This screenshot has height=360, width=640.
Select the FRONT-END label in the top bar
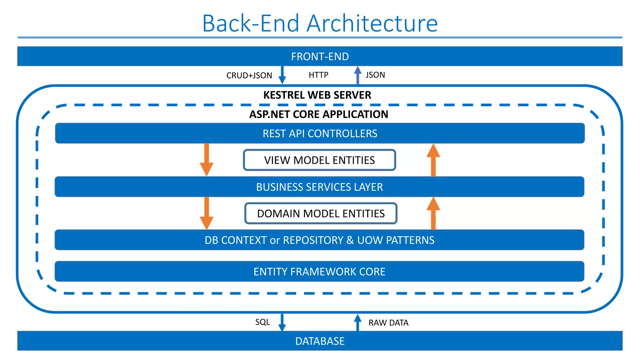[x=320, y=57]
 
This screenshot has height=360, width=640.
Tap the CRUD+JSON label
[x=249, y=75]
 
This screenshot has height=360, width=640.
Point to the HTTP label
[x=318, y=75]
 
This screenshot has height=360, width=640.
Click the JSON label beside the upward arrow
[x=375, y=75]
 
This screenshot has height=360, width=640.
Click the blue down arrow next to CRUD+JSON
[x=282, y=75]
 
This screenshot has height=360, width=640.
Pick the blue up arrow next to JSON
[x=358, y=75]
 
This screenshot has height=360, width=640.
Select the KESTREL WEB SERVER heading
[x=317, y=95]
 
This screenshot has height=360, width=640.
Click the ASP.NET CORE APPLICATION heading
[x=319, y=114]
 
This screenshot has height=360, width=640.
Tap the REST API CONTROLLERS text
[x=320, y=133]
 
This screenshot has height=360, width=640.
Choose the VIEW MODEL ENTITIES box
[x=319, y=160]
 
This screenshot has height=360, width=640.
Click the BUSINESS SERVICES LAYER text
[x=319, y=187]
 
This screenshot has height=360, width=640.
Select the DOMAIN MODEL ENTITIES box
[x=321, y=213]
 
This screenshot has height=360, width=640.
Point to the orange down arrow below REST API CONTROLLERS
[x=207, y=160]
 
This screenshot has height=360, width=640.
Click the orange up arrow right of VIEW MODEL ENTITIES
[x=433, y=160]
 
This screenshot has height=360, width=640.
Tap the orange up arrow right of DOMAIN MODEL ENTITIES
[x=433, y=213]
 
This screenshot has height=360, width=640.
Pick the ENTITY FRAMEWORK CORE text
[x=319, y=272]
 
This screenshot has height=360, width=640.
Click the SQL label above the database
[x=262, y=322]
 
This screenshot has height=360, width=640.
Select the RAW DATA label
[x=388, y=323]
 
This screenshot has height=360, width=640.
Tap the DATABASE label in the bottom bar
[x=320, y=341]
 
